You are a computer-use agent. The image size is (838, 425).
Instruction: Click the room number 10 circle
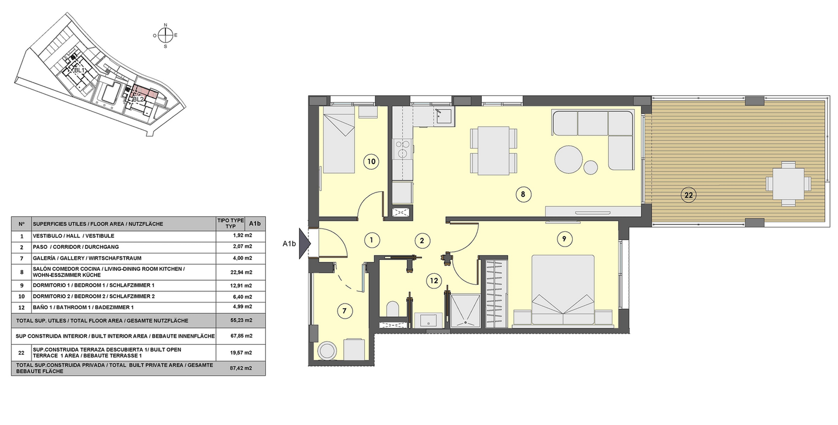click(x=371, y=162)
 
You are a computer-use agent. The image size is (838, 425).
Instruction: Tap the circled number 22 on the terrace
click(x=689, y=195)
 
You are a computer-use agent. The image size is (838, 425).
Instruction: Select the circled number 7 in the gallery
click(x=345, y=311)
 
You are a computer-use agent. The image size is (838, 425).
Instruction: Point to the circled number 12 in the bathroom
click(x=434, y=281)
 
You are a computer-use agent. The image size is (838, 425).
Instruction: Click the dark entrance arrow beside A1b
click(x=304, y=244)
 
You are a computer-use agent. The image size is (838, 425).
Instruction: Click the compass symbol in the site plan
click(x=165, y=35)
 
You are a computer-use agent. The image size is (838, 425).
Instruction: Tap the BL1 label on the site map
click(x=79, y=70)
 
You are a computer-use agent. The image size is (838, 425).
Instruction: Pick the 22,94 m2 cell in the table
click(x=241, y=272)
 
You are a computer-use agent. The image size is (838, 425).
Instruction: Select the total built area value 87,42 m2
click(x=241, y=368)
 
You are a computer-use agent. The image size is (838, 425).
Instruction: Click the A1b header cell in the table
click(x=255, y=223)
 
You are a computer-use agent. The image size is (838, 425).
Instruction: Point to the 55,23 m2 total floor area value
click(x=241, y=320)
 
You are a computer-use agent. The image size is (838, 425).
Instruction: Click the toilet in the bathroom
click(x=392, y=309)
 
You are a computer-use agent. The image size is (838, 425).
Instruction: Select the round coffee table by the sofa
click(x=568, y=159)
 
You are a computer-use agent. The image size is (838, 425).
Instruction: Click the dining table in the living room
click(x=493, y=151)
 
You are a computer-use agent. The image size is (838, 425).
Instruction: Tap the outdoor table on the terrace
click(x=788, y=184)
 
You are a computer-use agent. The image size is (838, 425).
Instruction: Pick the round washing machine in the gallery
click(x=326, y=350)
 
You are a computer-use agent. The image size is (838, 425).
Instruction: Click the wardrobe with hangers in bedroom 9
click(x=496, y=295)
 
